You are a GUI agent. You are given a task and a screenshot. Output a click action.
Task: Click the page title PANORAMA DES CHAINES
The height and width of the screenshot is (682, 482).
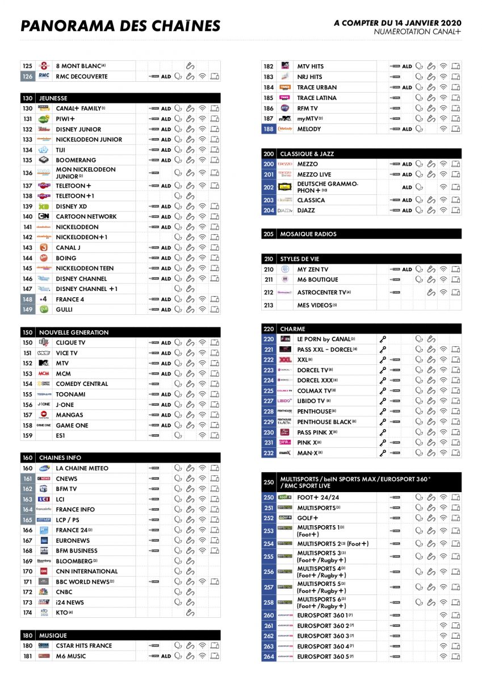pyautogui.click(x=120, y=26)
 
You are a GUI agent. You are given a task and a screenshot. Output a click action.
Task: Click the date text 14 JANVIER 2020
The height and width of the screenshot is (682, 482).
pyautogui.click(x=426, y=23)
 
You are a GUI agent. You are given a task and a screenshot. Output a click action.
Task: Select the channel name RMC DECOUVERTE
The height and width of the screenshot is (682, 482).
pyautogui.click(x=82, y=76)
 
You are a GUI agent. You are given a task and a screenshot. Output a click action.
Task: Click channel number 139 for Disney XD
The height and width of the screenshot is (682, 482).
pyautogui.click(x=28, y=206)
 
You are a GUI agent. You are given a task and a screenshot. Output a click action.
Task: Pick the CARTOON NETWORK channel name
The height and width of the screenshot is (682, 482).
pyautogui.click(x=86, y=217)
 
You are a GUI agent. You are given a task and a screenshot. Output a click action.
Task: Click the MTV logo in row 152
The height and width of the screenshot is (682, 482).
pyautogui.click(x=44, y=363)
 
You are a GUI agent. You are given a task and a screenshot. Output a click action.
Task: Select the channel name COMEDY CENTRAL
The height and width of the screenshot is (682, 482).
pyautogui.click(x=82, y=384)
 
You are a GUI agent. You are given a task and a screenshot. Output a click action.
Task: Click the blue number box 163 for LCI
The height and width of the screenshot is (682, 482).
pyautogui.click(x=28, y=499)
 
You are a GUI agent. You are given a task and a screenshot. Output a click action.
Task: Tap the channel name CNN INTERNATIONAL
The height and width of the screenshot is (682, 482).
pyautogui.click(x=87, y=571)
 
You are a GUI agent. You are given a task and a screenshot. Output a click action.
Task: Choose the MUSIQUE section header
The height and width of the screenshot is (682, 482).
pyautogui.click(x=53, y=635)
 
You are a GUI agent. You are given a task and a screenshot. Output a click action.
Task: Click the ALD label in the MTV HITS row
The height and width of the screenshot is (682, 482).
pyautogui.click(x=407, y=66)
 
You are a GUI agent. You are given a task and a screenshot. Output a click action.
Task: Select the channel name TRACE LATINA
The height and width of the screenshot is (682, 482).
pyautogui.click(x=317, y=98)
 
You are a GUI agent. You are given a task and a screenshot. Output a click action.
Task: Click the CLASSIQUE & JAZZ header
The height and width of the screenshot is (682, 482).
pyautogui.click(x=307, y=154)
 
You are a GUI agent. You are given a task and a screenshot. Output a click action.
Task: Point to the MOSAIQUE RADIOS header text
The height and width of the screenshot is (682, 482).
pyautogui.click(x=308, y=234)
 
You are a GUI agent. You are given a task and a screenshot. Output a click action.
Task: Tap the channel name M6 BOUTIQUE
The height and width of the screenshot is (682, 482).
pyautogui.click(x=318, y=280)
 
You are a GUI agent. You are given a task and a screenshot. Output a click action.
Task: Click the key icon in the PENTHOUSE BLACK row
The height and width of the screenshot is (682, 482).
pyautogui.click(x=383, y=422)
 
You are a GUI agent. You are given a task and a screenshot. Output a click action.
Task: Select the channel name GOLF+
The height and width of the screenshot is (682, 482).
pyautogui.click(x=308, y=518)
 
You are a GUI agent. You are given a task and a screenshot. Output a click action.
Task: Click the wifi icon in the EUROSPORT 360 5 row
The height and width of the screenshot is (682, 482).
pyautogui.click(x=443, y=656)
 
